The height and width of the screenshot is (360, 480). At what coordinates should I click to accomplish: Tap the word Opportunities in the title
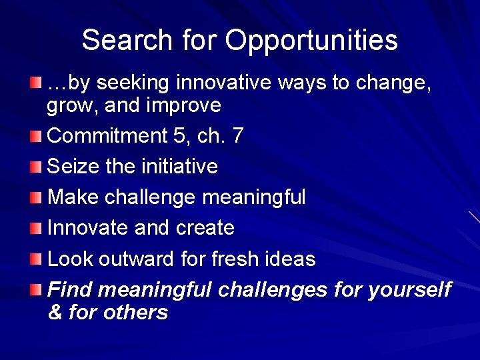click(311, 41)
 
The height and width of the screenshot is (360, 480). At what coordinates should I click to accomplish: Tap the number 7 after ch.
click(237, 136)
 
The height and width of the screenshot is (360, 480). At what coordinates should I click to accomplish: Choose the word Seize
click(74, 166)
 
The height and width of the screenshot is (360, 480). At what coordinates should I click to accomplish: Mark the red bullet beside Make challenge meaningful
click(35, 197)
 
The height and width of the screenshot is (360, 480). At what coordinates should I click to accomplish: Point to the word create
click(205, 228)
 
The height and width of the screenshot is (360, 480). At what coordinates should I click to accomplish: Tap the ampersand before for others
click(55, 312)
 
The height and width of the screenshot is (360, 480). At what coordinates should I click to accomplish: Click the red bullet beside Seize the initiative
click(35, 167)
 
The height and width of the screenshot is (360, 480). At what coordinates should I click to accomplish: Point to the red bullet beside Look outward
click(35, 259)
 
